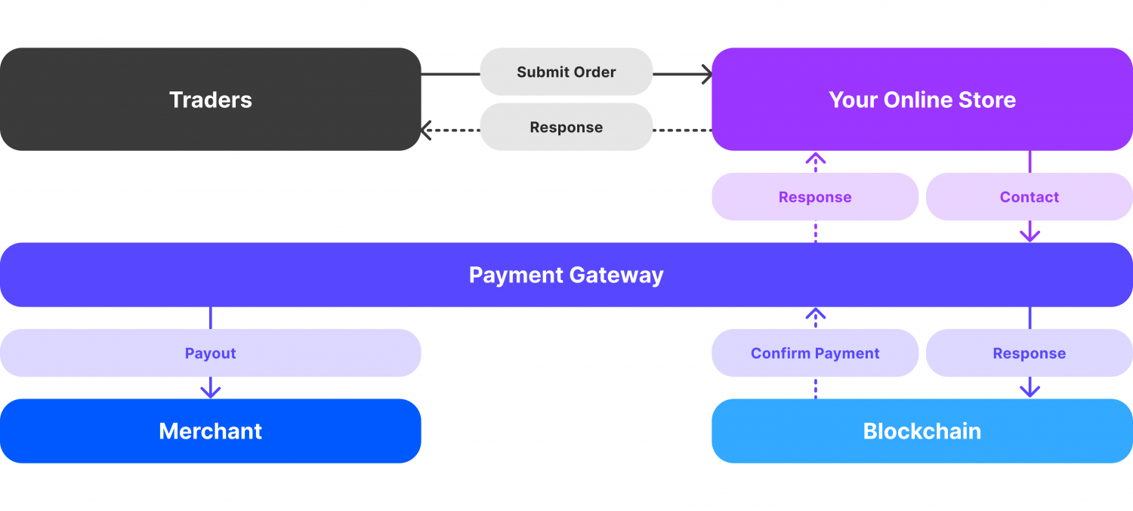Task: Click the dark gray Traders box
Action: tap(210, 100)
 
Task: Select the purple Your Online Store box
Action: tap(922, 100)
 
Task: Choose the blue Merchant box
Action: tap(210, 431)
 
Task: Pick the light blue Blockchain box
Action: tap(922, 431)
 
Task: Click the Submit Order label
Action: tap(566, 72)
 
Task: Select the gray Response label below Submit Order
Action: tap(566, 128)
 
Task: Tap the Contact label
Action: tap(1029, 197)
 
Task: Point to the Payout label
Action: tap(210, 353)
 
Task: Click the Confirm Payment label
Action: tap(815, 353)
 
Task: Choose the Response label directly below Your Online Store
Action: tap(815, 197)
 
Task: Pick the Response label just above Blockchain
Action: tap(1029, 353)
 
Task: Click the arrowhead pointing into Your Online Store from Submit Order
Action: tap(707, 74)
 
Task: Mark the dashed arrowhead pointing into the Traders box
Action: tap(426, 131)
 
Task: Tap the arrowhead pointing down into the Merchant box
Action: tap(210, 392)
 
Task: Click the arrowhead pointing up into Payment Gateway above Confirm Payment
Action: tap(815, 313)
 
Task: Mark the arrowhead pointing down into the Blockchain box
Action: tap(1030, 391)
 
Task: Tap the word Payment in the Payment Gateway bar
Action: tap(515, 275)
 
